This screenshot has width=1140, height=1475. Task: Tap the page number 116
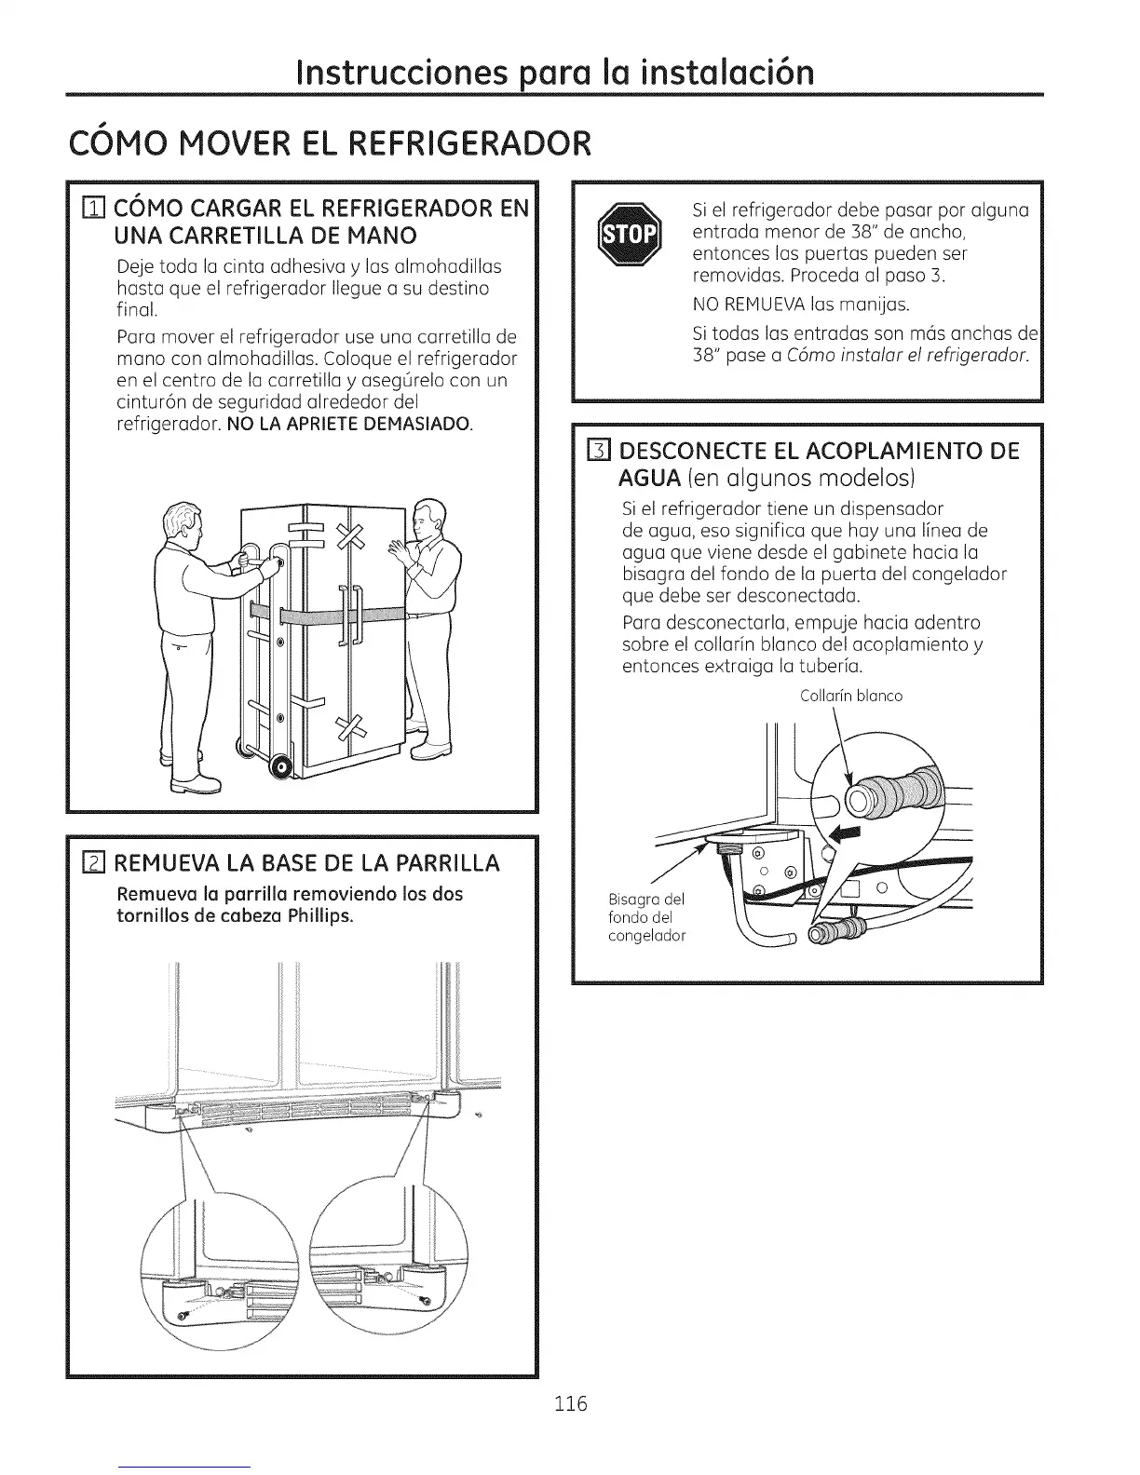(569, 1403)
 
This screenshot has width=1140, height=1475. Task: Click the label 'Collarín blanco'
(851, 696)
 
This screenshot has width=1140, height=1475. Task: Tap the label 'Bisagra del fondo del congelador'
(646, 917)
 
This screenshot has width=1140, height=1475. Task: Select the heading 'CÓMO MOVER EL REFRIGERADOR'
(330, 143)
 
